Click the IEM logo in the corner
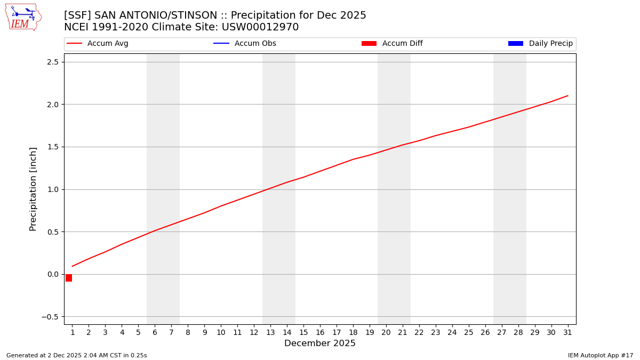[x=23, y=17]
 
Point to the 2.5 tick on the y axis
[x=53, y=62]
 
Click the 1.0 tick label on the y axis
[x=53, y=189]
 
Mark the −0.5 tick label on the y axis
[x=51, y=317]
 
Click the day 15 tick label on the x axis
[x=303, y=333]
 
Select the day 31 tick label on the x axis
[x=567, y=333]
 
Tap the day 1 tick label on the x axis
[x=73, y=333]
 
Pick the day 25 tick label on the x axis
[x=469, y=333]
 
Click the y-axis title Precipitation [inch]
[x=33, y=189]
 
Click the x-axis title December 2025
[x=320, y=343]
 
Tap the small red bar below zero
[x=69, y=278]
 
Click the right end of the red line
[x=567, y=96]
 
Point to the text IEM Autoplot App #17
[x=601, y=355]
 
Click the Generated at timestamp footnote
[x=77, y=355]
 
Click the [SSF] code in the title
[x=78, y=15]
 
